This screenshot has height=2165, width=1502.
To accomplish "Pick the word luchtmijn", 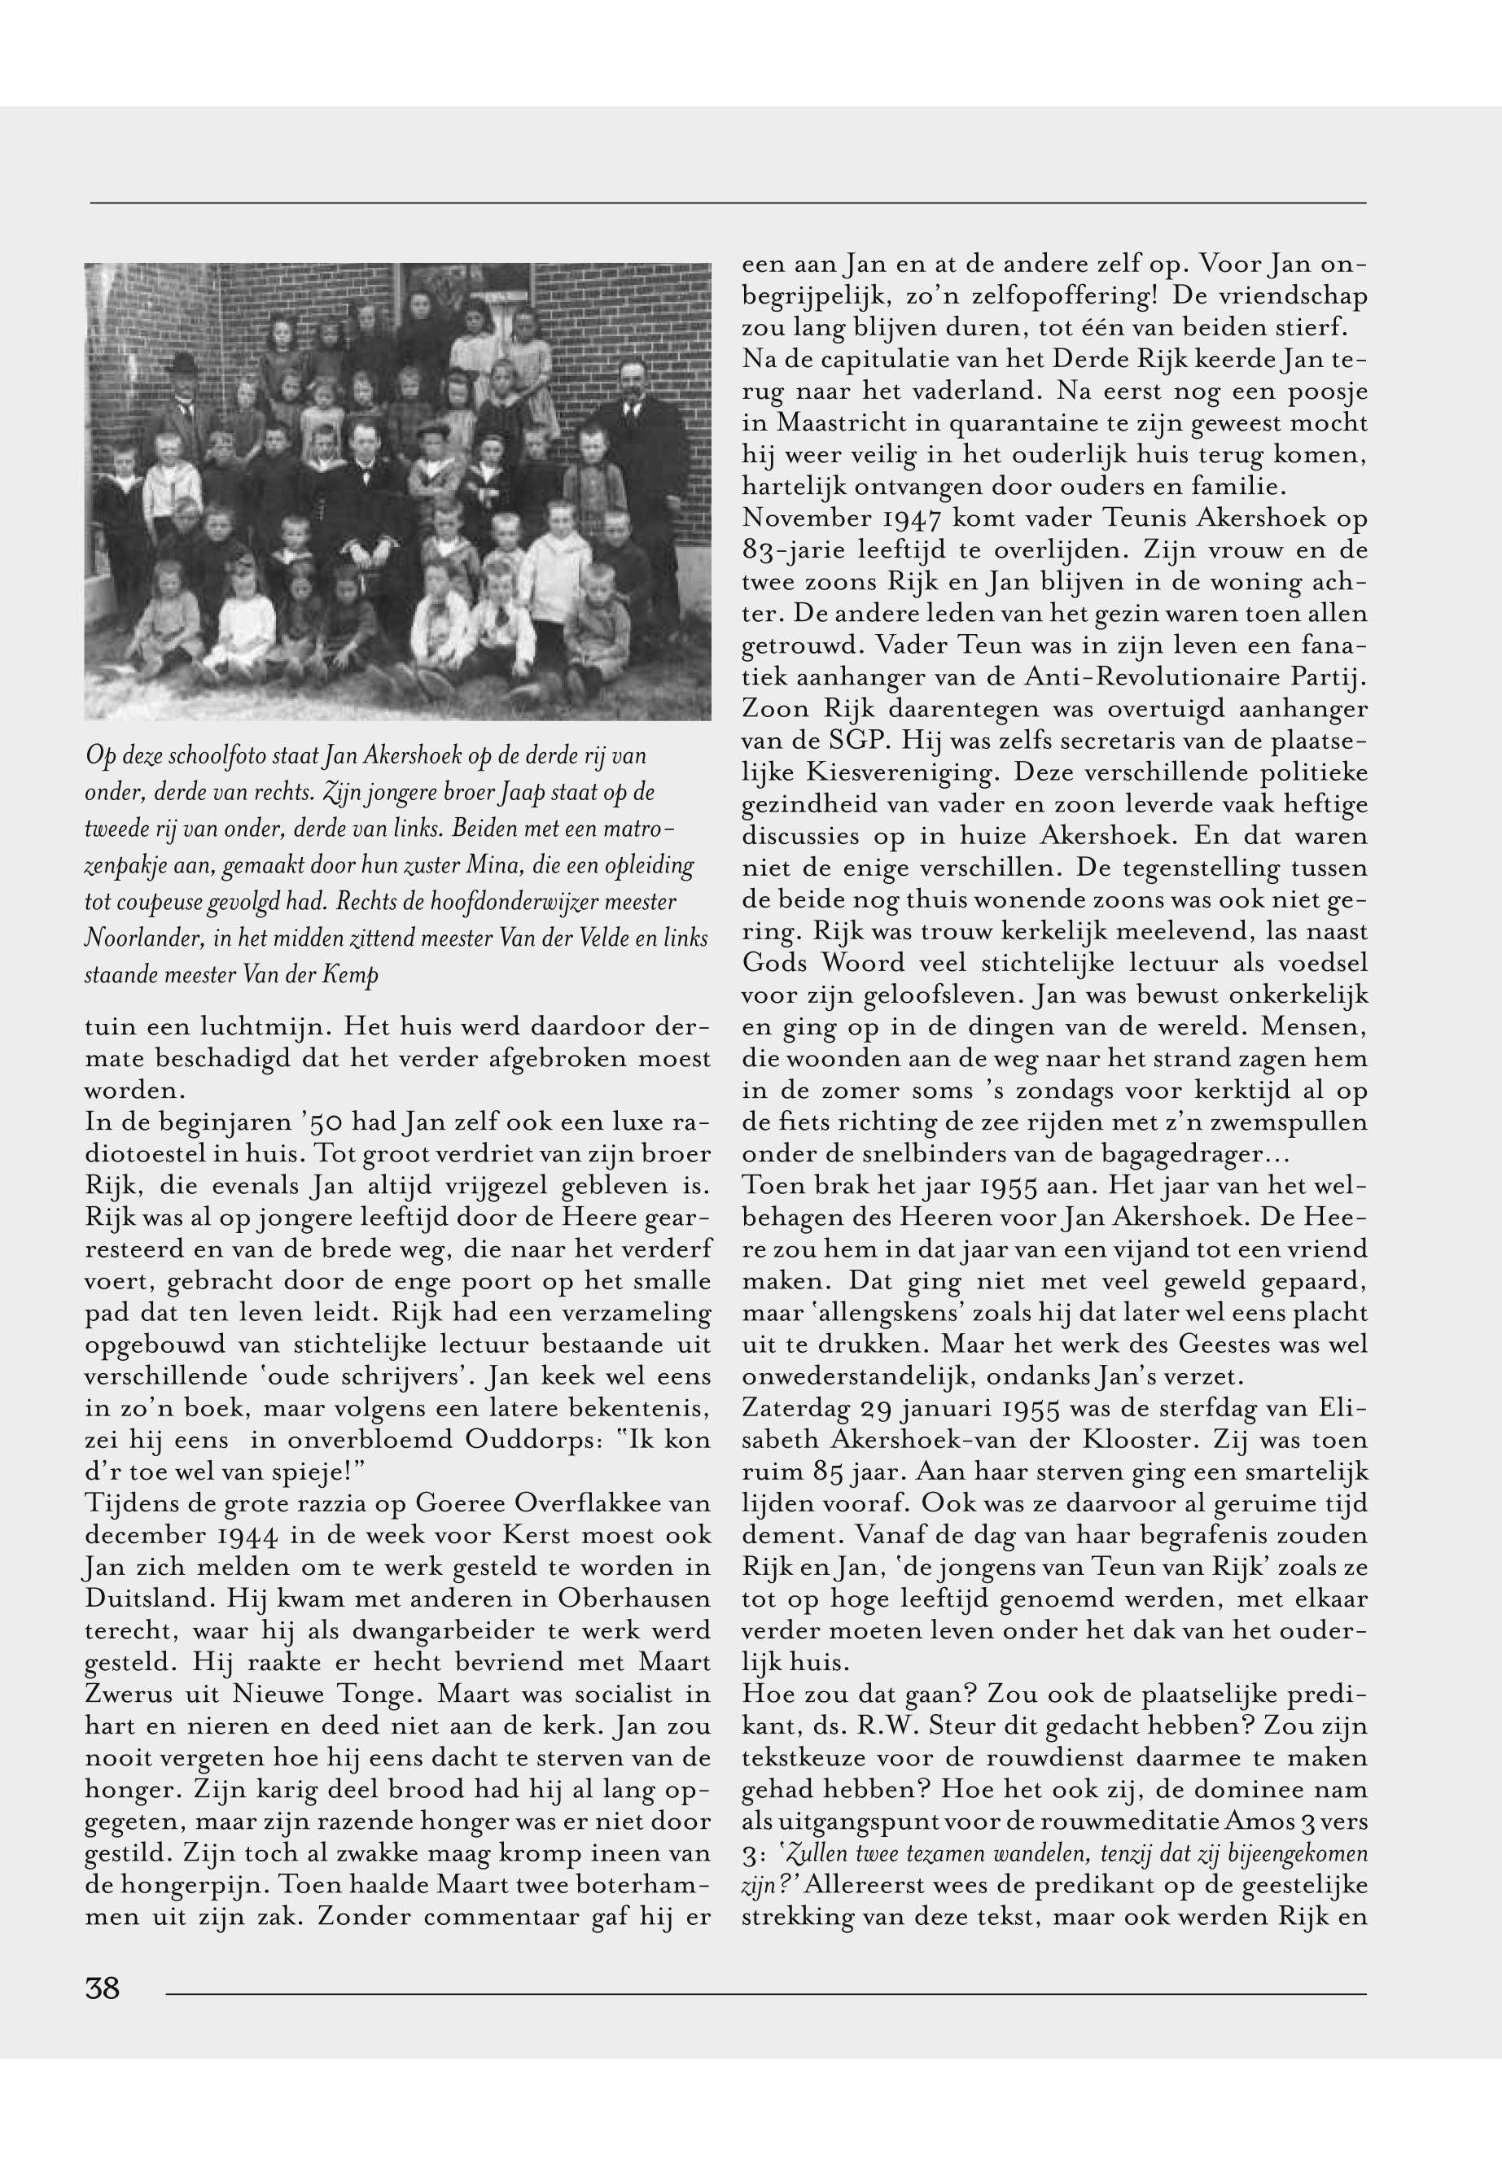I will point(248,1026).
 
